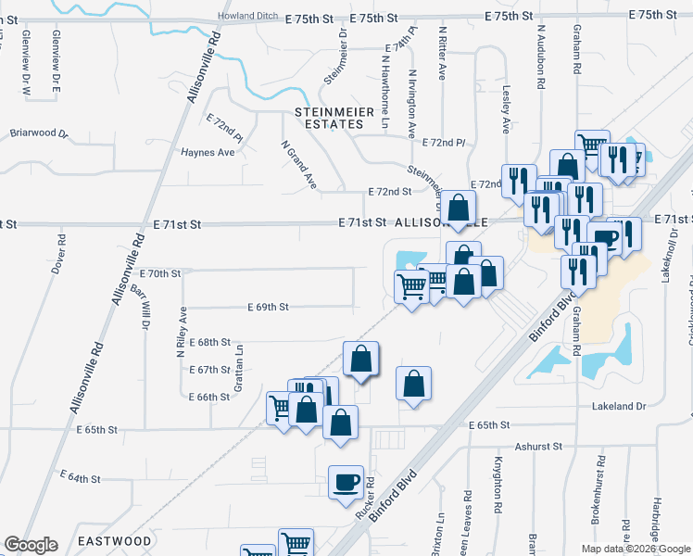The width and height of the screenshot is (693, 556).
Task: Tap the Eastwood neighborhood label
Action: (115, 540)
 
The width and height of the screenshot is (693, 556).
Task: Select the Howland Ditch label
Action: (248, 17)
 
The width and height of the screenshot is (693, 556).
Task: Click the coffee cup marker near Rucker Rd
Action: (346, 483)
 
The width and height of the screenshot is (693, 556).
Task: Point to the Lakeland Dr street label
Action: (620, 406)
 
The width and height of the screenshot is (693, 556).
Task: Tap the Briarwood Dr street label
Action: (39, 133)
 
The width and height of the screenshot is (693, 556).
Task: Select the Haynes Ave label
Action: (208, 153)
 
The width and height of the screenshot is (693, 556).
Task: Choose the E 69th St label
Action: (269, 307)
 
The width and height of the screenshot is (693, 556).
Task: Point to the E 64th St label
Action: (81, 477)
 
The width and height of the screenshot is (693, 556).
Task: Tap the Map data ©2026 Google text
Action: (636, 549)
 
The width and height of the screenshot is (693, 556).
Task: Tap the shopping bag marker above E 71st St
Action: (457, 208)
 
